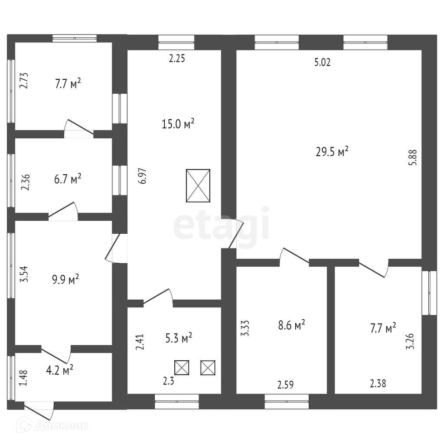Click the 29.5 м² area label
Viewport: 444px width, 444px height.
tap(332, 152)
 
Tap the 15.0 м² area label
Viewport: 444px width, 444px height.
tap(178, 124)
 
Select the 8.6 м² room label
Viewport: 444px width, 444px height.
tap(291, 324)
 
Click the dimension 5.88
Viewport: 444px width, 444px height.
tap(415, 157)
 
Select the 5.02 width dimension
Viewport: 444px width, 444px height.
tap(322, 62)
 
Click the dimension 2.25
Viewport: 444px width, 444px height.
tap(177, 59)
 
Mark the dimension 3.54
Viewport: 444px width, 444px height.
tap(25, 274)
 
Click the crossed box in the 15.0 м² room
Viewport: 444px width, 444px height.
tap(198, 186)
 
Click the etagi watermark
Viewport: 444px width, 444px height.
tap(222, 225)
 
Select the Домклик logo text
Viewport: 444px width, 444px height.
tap(60, 426)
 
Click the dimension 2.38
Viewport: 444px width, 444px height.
tap(378, 383)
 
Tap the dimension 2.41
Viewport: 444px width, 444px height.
tap(139, 342)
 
